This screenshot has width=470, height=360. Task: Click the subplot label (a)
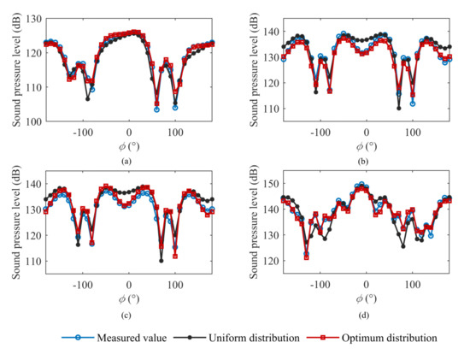127,158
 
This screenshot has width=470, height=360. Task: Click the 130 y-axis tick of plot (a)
29,16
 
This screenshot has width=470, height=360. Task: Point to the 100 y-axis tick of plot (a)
29,121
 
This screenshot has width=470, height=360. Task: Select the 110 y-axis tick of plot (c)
29,257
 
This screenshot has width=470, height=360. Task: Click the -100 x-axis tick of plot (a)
83,133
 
